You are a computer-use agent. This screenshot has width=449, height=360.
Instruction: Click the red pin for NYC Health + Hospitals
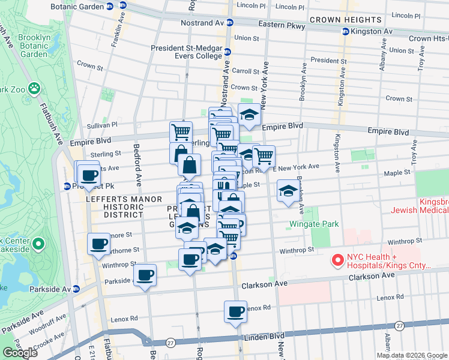coord(337,261)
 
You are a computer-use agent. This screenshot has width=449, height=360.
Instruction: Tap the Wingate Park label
coord(315,224)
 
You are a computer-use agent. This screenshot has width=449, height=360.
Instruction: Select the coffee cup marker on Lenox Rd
coord(235,312)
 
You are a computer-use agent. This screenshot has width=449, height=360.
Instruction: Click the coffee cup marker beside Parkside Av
coord(145,275)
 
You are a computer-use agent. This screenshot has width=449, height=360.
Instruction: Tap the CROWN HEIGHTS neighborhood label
coord(342,20)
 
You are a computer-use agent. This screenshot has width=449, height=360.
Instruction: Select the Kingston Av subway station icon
coord(345,31)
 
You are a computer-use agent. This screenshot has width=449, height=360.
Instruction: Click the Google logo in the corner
coord(20,353)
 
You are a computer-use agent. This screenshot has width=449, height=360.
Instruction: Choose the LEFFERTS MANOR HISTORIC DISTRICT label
coord(115,206)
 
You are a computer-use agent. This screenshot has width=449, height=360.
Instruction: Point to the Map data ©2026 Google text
coord(412,355)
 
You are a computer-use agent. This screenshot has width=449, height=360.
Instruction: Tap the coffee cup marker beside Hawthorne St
coord(99,244)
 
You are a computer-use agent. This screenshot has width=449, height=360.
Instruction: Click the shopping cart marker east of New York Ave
coord(264,157)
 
